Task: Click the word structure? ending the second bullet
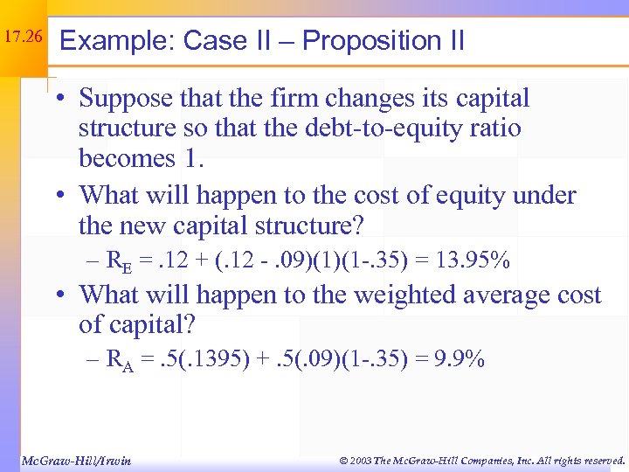coord(308,226)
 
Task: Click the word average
coord(515,295)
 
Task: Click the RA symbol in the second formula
coord(118,361)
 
